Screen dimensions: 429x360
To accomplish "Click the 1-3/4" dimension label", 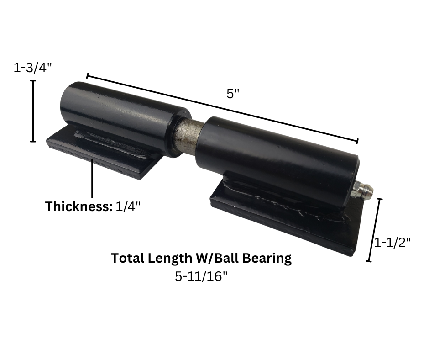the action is (x=32, y=68).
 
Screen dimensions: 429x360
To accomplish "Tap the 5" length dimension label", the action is (x=233, y=93).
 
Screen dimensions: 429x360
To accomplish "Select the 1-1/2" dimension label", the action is (x=392, y=243).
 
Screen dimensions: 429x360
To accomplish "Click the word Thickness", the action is (x=79, y=206).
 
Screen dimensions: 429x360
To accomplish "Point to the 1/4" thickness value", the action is (x=128, y=206).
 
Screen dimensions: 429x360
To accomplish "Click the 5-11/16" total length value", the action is (x=201, y=276).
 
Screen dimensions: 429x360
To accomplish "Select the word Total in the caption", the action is (x=128, y=258).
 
